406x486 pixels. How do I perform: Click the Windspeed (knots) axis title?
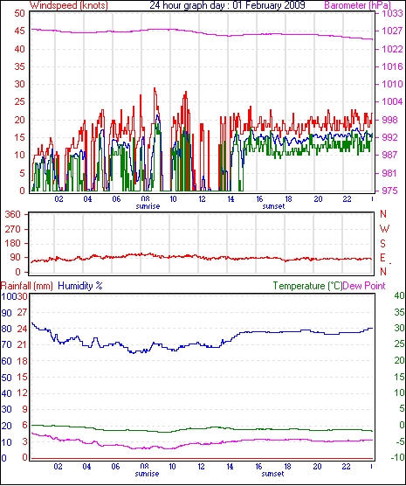click(x=69, y=5)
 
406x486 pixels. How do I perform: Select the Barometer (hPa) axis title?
click(x=357, y=5)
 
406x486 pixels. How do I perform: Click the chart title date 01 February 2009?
click(x=269, y=5)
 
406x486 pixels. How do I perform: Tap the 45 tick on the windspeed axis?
click(x=19, y=31)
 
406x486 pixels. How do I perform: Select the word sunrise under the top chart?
click(x=148, y=206)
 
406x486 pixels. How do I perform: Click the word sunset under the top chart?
click(x=273, y=206)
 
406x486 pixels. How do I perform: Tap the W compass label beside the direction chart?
click(x=384, y=229)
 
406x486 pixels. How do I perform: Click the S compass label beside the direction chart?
click(x=383, y=244)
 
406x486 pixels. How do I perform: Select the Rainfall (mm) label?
click(x=27, y=286)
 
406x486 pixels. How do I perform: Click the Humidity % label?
click(x=80, y=286)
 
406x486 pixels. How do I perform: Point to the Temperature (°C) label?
click(x=308, y=286)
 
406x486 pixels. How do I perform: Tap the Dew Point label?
click(x=364, y=286)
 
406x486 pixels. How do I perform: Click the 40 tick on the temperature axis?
click(x=400, y=295)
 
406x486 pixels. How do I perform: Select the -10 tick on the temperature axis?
click(x=398, y=457)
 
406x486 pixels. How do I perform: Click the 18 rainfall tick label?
click(x=23, y=361)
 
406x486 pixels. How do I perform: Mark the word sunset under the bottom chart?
click(x=272, y=474)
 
